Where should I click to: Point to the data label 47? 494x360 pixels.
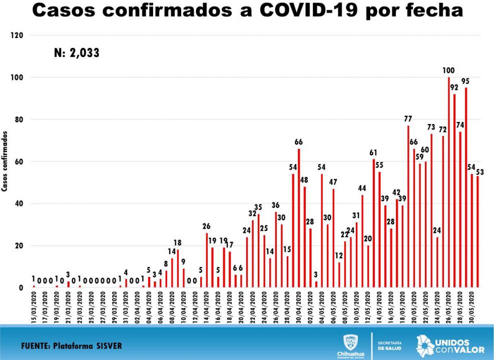pyautogui.click(x=333, y=182)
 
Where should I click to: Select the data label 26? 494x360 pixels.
pyautogui.click(x=207, y=226)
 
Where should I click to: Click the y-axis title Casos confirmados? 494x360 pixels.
pyautogui.click(x=5, y=161)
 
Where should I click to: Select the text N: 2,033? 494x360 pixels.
pyautogui.click(x=77, y=52)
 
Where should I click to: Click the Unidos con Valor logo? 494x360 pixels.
pyautogui.click(x=443, y=345)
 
